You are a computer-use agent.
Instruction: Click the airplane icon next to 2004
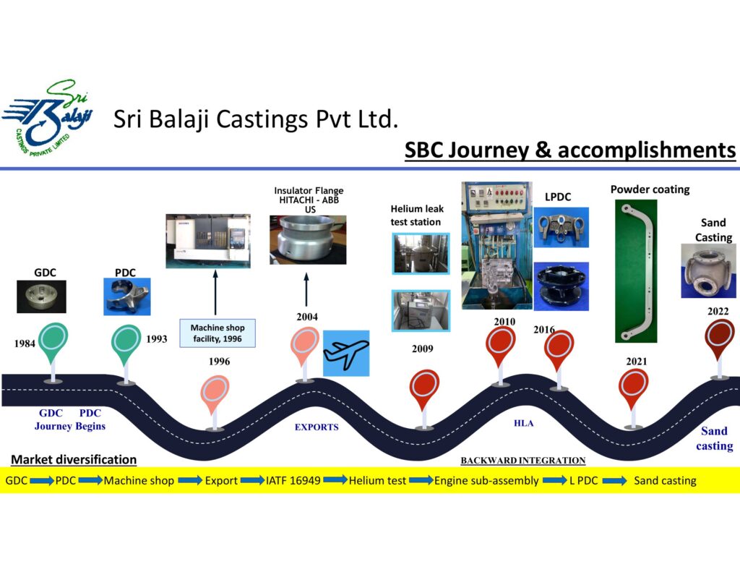[x=345, y=353]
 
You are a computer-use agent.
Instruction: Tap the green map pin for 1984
[x=53, y=341]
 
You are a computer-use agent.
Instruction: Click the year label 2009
[x=423, y=349]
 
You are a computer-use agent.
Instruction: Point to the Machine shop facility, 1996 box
[x=218, y=333]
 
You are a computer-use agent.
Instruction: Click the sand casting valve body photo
[x=707, y=270]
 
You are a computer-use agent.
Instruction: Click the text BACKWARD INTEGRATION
[x=522, y=461]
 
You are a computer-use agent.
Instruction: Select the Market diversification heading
[x=74, y=459]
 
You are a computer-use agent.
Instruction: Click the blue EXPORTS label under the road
[x=317, y=427]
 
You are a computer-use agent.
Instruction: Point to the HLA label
[x=523, y=424]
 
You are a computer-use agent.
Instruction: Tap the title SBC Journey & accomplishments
[x=569, y=150]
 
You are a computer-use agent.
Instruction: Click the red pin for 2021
[x=633, y=388]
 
